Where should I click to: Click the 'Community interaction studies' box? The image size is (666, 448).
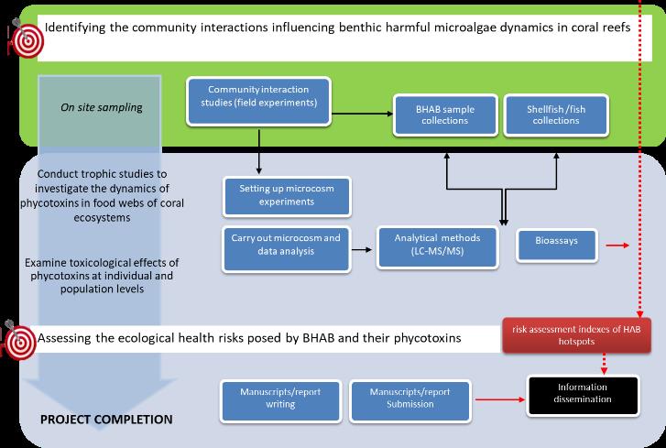point(258,102)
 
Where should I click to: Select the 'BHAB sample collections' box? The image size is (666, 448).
point(445,115)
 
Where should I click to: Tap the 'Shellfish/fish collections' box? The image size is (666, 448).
point(556,115)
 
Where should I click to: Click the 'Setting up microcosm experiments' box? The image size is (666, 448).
point(287,197)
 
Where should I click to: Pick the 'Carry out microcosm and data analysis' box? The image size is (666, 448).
point(286,249)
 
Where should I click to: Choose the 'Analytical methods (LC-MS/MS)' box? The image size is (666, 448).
point(438,248)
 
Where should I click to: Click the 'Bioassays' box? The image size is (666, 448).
point(557,245)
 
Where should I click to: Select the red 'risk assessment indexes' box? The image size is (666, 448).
point(576,335)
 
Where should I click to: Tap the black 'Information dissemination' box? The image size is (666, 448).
point(583,396)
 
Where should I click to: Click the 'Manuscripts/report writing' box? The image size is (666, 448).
point(280,401)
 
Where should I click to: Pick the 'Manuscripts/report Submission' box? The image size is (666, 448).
point(409,401)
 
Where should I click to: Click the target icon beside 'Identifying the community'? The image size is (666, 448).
point(26,38)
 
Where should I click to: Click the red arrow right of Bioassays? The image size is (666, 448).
point(617,246)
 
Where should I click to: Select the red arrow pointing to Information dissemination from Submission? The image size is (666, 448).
point(500,399)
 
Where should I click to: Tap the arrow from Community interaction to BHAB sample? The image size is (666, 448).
point(362,114)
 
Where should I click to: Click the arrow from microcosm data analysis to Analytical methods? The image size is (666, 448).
point(362,250)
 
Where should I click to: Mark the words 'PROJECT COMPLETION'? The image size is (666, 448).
point(106,420)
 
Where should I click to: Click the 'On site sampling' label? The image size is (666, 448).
point(102,107)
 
